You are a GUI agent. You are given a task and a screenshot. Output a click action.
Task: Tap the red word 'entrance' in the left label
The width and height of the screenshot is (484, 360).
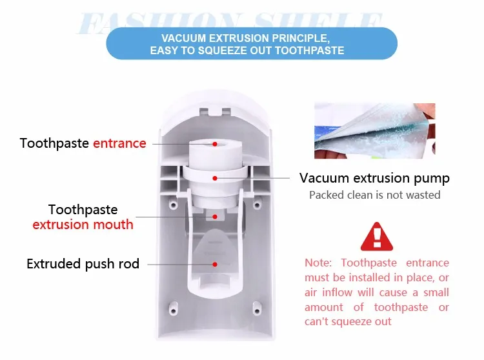click(119, 143)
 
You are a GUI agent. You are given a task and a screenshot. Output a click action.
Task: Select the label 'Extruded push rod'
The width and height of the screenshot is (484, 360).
click(83, 264)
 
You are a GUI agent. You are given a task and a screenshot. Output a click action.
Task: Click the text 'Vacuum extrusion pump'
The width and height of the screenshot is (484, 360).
click(374, 178)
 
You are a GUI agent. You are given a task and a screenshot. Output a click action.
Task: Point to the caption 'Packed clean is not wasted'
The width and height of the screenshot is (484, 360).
click(374, 195)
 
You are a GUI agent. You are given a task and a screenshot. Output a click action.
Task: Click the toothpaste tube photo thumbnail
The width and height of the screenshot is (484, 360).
click(374, 130)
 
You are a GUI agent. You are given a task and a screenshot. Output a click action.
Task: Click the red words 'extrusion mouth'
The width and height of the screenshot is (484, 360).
click(83, 225)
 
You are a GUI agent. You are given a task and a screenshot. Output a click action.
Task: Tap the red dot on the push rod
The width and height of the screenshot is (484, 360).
click(214, 264)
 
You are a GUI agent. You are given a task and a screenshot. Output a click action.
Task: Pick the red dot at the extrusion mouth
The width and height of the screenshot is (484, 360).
click(208, 218)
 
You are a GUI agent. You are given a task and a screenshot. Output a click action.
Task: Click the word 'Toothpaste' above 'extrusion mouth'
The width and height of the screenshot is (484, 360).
click(83, 210)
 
